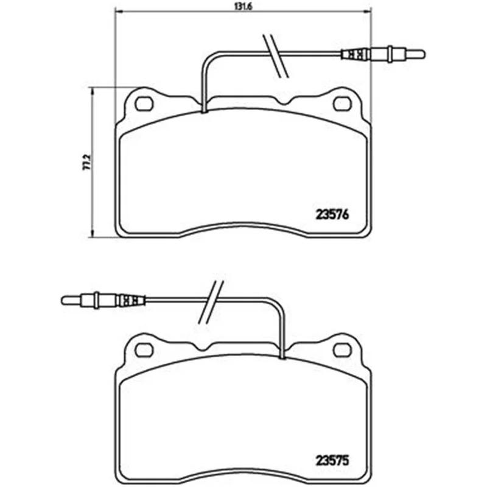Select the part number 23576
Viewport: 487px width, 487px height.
click(x=332, y=215)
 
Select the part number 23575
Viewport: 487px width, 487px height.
click(x=332, y=460)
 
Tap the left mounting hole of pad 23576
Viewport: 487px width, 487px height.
click(x=144, y=103)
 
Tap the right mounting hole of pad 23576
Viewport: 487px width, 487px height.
click(x=342, y=103)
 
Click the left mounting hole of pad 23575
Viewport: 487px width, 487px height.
click(x=144, y=349)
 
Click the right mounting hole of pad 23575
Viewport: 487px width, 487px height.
click(x=342, y=349)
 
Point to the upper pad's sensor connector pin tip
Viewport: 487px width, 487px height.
click(x=424, y=54)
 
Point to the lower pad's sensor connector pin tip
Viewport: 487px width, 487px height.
click(x=63, y=300)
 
